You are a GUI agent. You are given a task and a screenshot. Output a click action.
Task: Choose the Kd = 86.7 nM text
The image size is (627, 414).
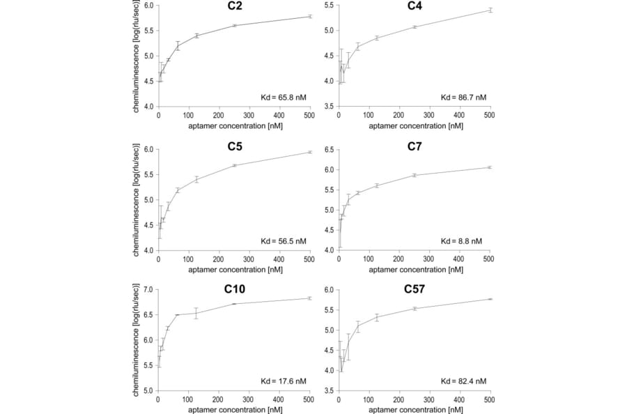[x=463, y=98]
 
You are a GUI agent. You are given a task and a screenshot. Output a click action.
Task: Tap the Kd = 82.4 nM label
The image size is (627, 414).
[x=463, y=381]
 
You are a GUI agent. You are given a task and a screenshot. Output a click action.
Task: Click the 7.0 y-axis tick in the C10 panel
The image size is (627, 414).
[x=147, y=289]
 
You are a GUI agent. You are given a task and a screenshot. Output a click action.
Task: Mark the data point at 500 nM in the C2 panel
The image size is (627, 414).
[x=309, y=16]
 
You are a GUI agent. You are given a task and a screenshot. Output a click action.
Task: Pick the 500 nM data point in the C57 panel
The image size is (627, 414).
[x=490, y=299]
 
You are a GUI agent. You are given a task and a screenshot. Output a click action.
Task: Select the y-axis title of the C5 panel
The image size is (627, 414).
[x=136, y=199]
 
